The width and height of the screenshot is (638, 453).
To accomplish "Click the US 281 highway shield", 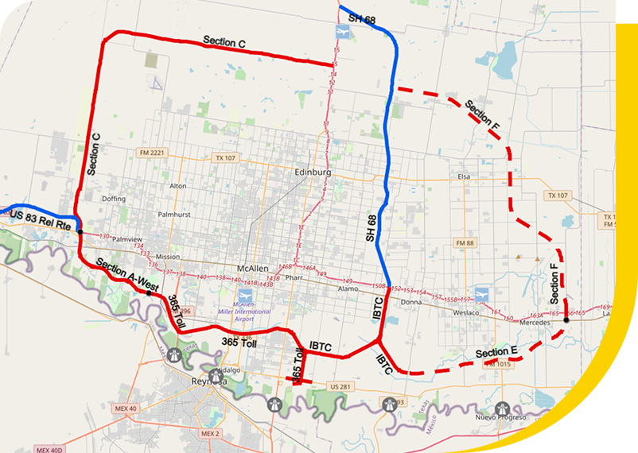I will pyautogui.click(x=340, y=386).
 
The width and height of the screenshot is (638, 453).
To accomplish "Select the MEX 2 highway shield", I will pyautogui.click(x=209, y=434).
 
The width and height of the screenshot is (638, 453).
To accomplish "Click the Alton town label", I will pyautogui.click(x=178, y=186).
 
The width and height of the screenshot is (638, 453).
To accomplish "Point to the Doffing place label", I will pyautogui.click(x=114, y=199).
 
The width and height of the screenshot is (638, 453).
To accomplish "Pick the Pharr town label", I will pyautogui.click(x=295, y=279).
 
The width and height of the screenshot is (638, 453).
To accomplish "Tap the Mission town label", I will pyautogui.click(x=168, y=257).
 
